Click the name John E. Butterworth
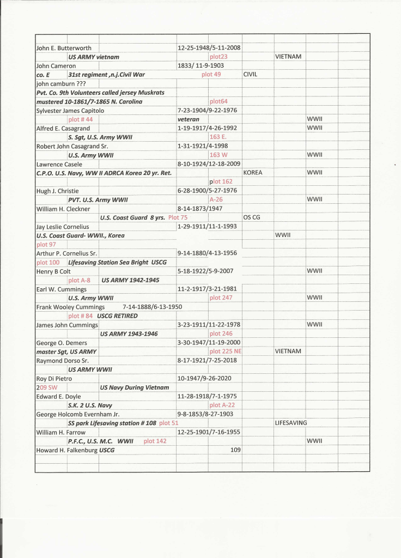click(64, 48)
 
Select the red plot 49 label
click(211, 75)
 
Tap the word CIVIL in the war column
click(250, 75)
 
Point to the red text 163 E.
click(218, 137)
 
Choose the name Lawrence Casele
click(59, 164)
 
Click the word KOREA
click(253, 173)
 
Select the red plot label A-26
click(216, 200)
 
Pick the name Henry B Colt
click(53, 271)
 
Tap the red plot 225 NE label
click(225, 351)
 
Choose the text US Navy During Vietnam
click(135, 387)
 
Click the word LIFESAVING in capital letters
click(291, 422)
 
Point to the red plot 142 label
click(155, 441)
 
